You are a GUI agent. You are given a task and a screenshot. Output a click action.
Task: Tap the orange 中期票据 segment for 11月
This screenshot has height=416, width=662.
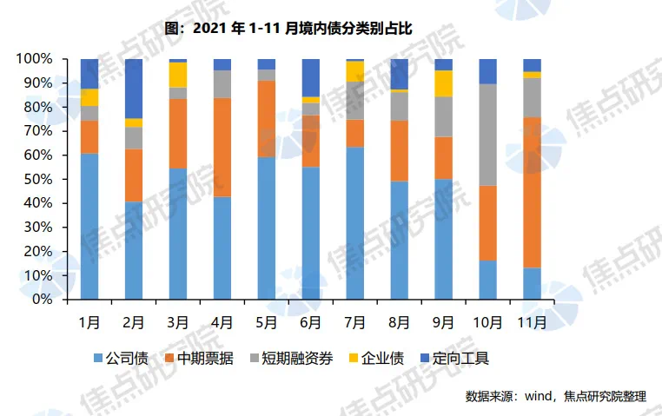pos(533,192)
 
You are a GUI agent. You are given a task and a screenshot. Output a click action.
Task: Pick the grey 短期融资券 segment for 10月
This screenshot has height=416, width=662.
pos(488,135)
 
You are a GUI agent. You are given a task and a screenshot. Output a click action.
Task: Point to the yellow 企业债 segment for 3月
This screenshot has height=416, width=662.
pos(178,75)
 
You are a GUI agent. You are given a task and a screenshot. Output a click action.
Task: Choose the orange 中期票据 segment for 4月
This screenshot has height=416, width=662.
pos(222,148)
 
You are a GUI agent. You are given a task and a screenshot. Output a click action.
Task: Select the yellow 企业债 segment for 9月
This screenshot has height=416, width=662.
pos(444,83)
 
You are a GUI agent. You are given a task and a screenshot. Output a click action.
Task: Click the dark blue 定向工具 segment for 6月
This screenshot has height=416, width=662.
pos(311,77)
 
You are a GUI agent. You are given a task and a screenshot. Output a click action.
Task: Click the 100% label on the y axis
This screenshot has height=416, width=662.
pos(37,59)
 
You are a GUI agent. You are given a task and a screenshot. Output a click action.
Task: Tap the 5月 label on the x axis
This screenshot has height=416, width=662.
pos(266,321)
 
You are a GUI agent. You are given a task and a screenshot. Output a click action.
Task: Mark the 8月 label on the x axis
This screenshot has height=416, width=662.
pos(399,321)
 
